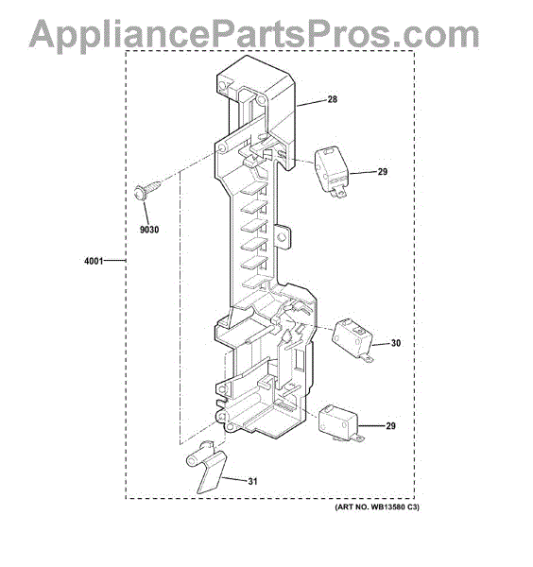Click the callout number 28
(332, 99)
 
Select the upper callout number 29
(382, 171)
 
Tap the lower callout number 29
(390, 425)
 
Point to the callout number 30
(396, 343)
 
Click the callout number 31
(252, 481)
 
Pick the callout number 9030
(149, 230)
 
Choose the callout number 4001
(94, 261)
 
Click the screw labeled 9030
(146, 191)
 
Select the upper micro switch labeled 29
(331, 172)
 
